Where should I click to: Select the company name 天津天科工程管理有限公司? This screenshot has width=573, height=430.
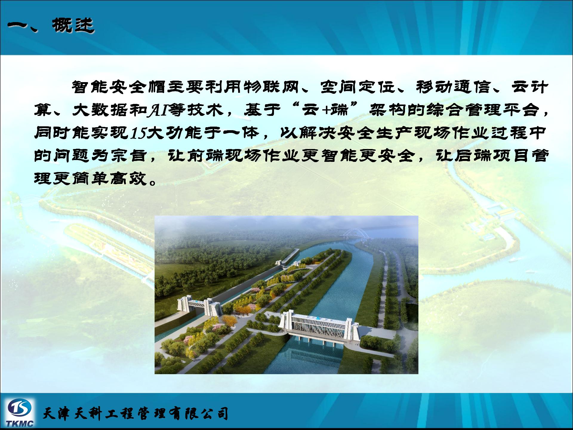pos(135,414)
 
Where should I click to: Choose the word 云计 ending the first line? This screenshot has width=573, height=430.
pos(530,87)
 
